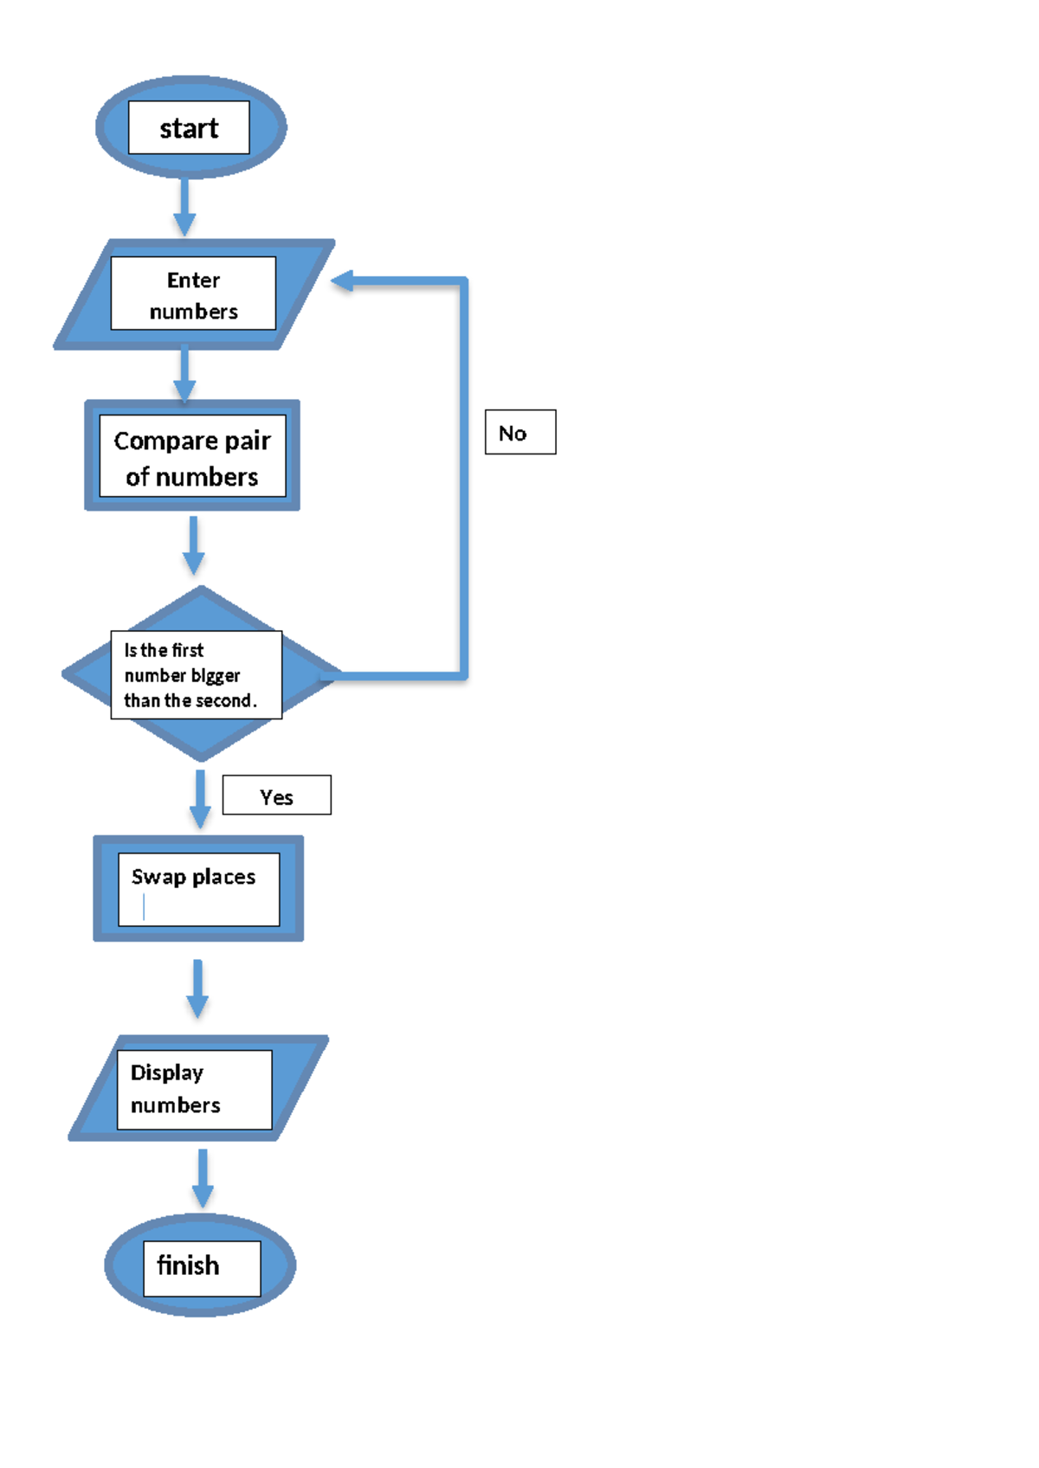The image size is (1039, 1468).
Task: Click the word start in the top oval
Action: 189,128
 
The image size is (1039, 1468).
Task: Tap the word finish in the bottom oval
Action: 188,1265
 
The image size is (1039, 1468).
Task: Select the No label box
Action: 519,432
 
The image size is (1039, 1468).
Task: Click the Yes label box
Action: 276,795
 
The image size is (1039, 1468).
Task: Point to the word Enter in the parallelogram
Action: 193,280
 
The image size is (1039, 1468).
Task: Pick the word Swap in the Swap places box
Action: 158,877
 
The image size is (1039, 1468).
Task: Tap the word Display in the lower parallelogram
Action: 166,1072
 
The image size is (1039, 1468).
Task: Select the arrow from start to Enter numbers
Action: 184,208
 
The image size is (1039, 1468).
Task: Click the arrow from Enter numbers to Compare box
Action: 184,374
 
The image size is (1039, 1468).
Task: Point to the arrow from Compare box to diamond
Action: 194,545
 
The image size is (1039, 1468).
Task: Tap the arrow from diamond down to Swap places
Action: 200,798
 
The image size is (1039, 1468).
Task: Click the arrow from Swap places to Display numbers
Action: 197,988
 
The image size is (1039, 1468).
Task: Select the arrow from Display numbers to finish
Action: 203,1178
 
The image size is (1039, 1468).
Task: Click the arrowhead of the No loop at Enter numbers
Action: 343,280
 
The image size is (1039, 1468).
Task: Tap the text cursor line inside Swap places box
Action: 144,907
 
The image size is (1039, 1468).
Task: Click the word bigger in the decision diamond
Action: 216,676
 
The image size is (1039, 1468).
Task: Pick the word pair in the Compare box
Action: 248,441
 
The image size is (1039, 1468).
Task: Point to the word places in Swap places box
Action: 223,877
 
